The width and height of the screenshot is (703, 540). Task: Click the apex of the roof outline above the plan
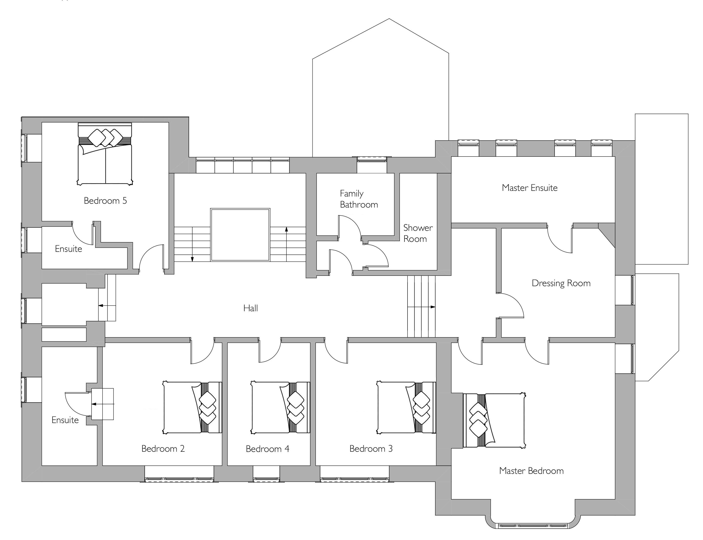point(389,19)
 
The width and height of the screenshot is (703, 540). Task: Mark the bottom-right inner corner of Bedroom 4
point(310,465)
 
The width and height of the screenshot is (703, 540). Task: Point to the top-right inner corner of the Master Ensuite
point(615,157)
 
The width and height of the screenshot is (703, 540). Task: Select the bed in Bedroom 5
point(105,154)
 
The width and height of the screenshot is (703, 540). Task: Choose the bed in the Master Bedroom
point(494,421)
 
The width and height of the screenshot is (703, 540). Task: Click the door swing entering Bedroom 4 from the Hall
point(270,350)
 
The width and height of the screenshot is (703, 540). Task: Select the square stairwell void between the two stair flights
point(240,235)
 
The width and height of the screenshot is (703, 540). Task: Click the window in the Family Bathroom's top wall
point(372,159)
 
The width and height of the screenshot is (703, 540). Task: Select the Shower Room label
point(418,233)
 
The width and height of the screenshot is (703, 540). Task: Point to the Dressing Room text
point(561,283)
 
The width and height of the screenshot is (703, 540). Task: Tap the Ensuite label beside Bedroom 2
point(65,420)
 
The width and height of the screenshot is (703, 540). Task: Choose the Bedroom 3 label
point(371,449)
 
